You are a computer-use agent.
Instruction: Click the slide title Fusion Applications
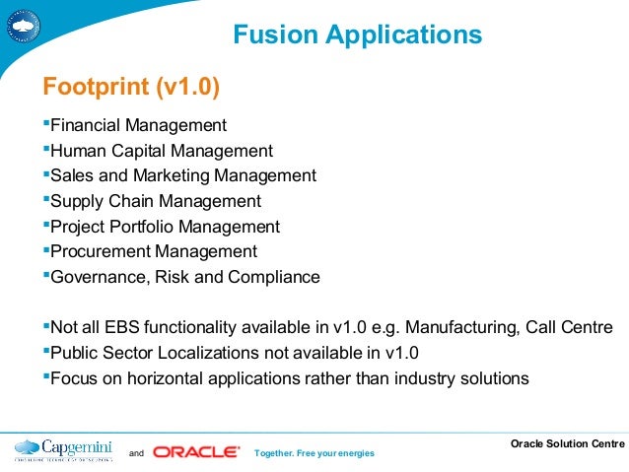click(357, 36)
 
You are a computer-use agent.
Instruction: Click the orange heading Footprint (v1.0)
click(128, 88)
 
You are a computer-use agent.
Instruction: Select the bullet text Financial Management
click(138, 126)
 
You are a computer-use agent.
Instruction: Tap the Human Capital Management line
click(161, 151)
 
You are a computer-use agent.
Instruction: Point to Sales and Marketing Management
click(182, 176)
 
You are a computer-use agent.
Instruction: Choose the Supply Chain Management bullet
click(155, 201)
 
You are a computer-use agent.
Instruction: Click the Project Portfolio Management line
click(165, 227)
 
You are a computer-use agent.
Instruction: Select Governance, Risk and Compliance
click(184, 277)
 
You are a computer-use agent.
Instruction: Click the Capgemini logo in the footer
click(60, 449)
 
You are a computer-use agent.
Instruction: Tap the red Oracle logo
click(196, 452)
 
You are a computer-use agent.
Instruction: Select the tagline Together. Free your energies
click(314, 453)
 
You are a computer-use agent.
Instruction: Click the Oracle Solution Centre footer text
click(566, 443)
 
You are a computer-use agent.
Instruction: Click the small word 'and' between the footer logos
click(136, 453)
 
